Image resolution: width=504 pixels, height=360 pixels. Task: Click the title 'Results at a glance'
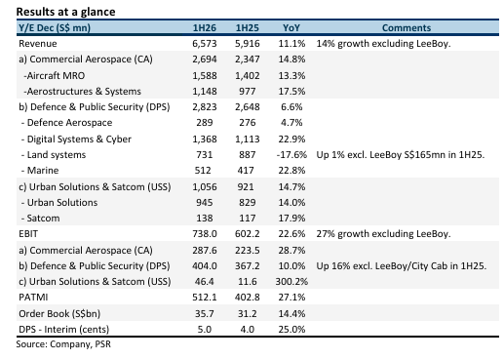coord(65,12)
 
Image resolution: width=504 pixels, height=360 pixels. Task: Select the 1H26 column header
coord(205,27)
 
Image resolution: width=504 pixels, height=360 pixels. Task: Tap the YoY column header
coord(291,27)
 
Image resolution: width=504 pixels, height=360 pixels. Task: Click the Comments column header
coord(407,27)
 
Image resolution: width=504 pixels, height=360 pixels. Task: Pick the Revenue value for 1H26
coord(205,44)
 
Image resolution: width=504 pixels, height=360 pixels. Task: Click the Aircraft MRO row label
coord(54,75)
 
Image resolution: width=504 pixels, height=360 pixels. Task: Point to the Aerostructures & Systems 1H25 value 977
coord(248,91)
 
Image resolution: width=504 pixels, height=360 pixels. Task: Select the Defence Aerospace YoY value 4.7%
coord(291,123)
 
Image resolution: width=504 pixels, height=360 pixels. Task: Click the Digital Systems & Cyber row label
coord(76,139)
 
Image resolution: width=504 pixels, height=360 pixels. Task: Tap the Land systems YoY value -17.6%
coord(291,154)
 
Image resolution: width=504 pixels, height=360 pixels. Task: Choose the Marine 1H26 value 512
coord(203,170)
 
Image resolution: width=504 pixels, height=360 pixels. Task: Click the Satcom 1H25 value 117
coord(248,218)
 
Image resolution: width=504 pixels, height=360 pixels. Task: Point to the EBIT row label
coord(28,233)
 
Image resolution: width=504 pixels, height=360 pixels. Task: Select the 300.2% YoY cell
coord(291,281)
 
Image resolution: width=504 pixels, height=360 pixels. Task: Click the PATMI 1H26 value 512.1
coord(205,297)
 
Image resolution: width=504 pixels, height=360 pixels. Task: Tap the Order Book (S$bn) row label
coord(59,313)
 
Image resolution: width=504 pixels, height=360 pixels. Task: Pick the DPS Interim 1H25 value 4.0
coord(248,329)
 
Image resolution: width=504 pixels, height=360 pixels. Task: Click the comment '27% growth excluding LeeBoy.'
coord(383,233)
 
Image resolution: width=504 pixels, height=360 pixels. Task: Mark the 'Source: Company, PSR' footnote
coord(63,344)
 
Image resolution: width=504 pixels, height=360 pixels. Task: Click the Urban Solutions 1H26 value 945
coord(205,202)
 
